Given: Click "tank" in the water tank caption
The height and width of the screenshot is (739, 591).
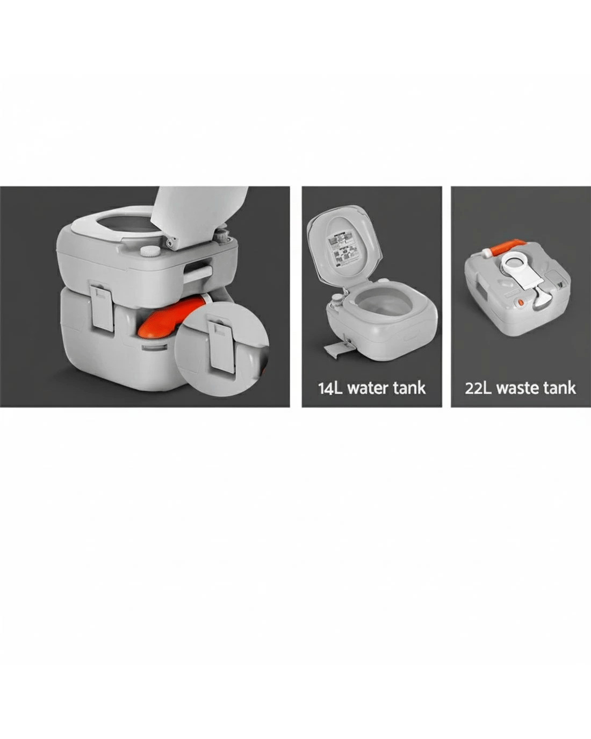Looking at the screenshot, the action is point(410,389).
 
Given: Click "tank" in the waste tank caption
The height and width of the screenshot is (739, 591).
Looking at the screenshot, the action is point(559,388).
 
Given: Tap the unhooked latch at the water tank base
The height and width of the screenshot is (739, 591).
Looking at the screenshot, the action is point(336,350).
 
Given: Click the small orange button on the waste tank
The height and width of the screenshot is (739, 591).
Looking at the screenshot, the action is point(520,303).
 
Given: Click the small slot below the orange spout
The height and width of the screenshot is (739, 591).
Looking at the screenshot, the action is point(154,348).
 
